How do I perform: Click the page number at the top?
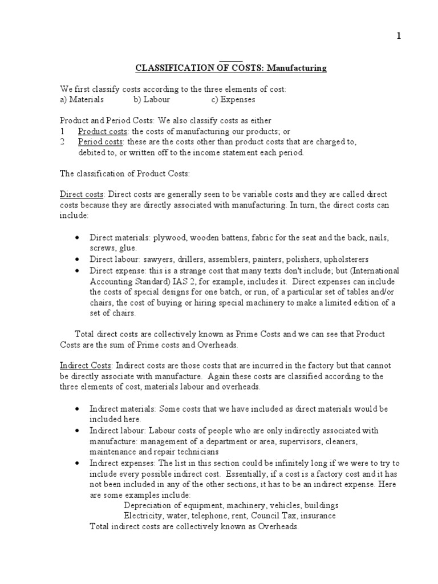click(x=399, y=36)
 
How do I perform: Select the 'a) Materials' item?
click(x=82, y=100)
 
